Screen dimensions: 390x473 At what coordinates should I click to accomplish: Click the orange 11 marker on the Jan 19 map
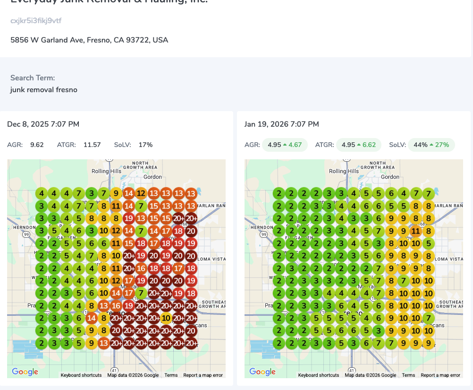point(415,231)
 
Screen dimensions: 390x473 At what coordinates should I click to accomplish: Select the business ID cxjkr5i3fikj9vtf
point(36,21)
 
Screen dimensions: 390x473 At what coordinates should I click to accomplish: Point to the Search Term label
point(33,78)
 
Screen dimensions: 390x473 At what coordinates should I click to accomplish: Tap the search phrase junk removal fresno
point(43,89)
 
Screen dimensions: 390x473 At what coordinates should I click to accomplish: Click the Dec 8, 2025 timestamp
point(43,124)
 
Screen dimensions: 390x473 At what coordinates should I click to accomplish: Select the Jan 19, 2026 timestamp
point(281,124)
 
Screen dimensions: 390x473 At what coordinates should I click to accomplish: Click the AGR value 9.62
point(37,145)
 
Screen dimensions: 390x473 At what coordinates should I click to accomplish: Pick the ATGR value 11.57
point(92,145)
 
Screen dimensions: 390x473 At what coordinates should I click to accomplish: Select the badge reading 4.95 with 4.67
point(284,145)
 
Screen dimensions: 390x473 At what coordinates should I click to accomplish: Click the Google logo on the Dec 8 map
point(25,372)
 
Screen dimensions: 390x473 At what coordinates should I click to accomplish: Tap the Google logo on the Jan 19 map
point(262,372)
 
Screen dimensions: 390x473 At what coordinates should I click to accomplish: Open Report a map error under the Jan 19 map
point(440,375)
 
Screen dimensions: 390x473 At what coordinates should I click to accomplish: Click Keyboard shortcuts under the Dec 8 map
point(81,375)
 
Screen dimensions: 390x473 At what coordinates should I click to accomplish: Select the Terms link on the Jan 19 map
point(408,375)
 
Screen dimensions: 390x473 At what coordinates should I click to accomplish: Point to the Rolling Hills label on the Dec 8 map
point(106,171)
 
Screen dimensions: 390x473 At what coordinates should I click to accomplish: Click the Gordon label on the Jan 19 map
point(390,177)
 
